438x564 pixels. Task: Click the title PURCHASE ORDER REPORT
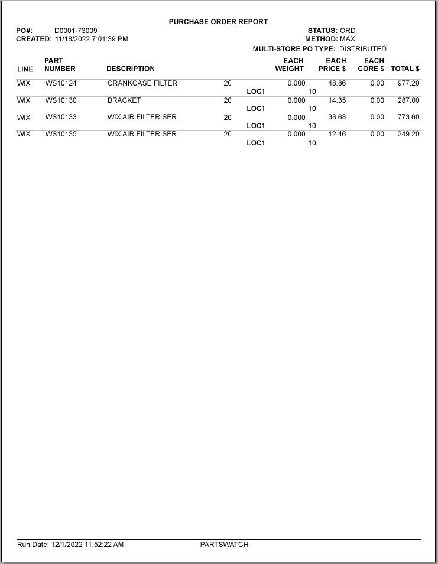218,22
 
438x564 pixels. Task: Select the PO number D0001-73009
76,31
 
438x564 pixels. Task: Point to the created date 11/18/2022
72,39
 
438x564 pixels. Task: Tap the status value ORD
348,31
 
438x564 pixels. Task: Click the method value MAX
348,39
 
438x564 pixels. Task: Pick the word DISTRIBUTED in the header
362,49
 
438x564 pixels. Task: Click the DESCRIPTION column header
131,69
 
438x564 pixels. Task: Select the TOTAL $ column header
405,69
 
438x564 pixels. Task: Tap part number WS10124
61,83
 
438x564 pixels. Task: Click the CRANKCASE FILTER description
142,83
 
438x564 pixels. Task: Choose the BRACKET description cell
124,100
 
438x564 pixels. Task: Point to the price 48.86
337,83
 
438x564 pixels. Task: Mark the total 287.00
408,100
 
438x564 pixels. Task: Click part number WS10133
61,117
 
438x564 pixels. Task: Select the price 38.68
337,117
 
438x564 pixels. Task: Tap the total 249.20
408,134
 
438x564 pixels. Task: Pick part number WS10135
61,134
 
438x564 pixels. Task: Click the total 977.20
408,83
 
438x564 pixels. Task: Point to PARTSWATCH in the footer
224,545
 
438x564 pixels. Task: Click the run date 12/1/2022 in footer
67,545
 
